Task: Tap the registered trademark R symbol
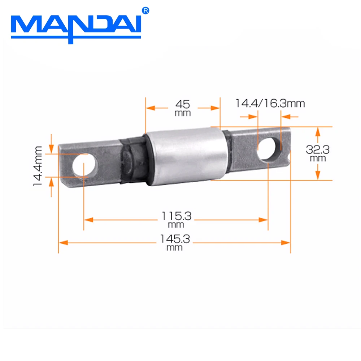coord(146,11)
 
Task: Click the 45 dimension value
coord(182,104)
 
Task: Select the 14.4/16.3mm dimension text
coord(270,104)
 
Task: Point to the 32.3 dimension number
coord(318,149)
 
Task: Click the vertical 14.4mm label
coord(38,166)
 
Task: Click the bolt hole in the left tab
coord(85,165)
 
